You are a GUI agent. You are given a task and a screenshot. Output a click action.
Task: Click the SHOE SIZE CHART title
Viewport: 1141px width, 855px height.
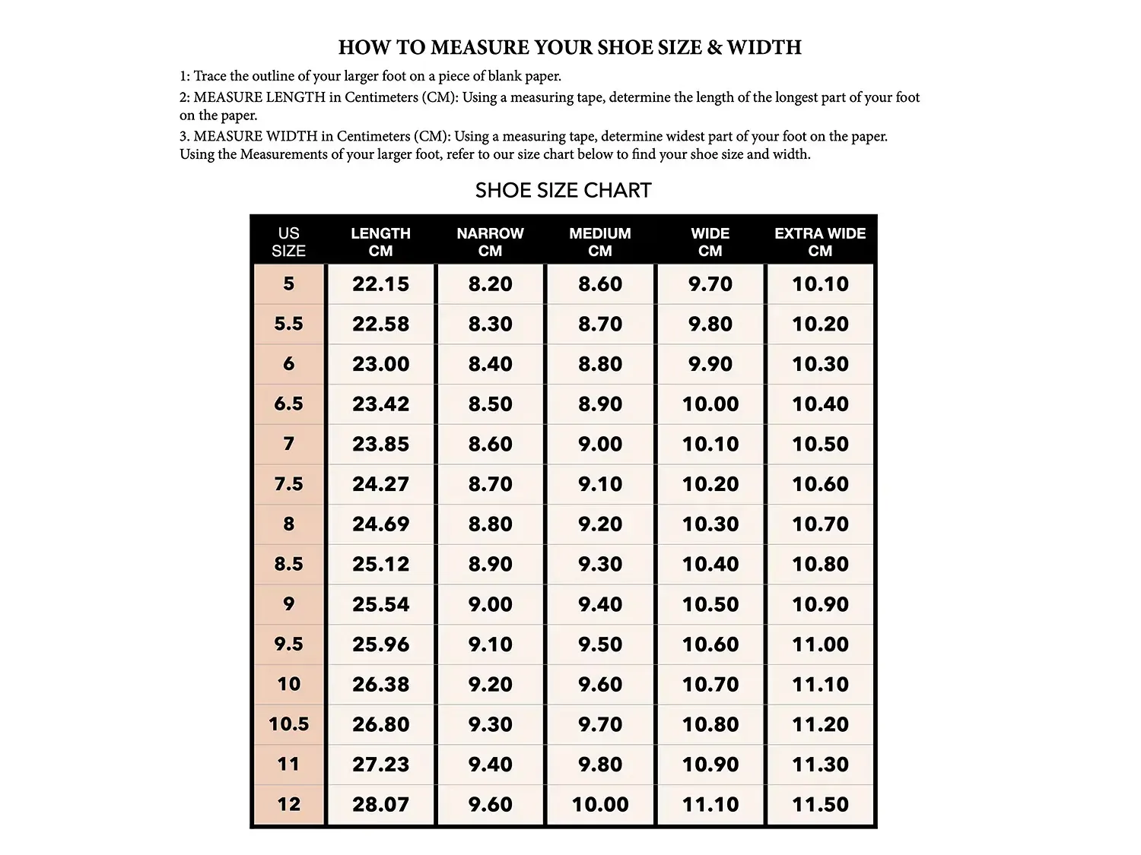tap(563, 190)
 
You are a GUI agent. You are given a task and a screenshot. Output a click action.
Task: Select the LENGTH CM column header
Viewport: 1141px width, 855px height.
tap(380, 242)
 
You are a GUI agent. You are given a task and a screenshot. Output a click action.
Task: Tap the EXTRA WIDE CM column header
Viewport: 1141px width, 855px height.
tap(820, 242)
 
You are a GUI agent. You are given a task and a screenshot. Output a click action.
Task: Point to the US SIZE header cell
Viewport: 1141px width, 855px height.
tap(288, 242)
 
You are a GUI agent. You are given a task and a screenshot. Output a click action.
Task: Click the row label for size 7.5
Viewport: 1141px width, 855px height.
tap(288, 484)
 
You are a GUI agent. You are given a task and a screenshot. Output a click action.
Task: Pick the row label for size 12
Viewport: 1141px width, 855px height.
tap(288, 804)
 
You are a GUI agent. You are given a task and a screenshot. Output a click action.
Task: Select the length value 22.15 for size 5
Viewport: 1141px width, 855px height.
tap(380, 284)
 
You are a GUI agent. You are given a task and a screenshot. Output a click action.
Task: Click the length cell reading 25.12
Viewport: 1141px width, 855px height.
tap(380, 564)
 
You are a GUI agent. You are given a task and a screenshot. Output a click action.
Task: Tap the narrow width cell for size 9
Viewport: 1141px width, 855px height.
tap(491, 604)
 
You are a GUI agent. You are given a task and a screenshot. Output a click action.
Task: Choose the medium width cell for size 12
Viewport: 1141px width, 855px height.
tap(600, 804)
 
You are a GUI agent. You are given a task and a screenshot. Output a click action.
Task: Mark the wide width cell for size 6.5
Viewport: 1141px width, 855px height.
tap(710, 404)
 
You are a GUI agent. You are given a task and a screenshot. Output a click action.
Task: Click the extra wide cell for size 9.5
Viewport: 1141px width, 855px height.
tap(820, 644)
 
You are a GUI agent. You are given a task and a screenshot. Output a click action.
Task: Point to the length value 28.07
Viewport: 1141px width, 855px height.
tap(380, 804)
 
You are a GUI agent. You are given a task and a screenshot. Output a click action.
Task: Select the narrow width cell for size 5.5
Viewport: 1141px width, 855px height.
tap(491, 325)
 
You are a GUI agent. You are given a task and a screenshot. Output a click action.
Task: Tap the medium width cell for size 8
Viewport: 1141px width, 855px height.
tap(600, 524)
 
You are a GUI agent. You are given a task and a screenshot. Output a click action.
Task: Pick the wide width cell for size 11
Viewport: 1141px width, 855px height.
tap(710, 765)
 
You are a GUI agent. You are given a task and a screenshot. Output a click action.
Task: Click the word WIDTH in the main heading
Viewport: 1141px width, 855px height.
tap(764, 47)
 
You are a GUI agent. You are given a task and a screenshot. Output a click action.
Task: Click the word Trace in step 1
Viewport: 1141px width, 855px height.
tap(210, 76)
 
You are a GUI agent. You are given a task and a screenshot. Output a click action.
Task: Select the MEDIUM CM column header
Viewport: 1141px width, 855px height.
tap(600, 242)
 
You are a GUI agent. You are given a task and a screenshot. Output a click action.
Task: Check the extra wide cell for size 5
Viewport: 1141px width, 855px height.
tap(820, 284)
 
